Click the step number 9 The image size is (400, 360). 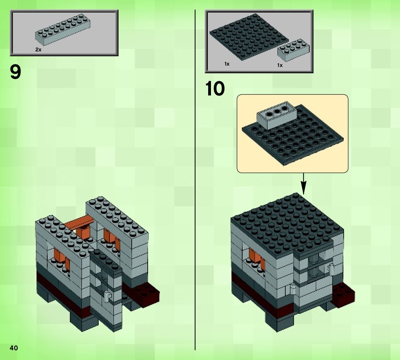point(15,72)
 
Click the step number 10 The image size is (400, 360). point(215,89)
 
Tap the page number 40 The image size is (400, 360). point(14,348)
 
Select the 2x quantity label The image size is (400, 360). point(38,50)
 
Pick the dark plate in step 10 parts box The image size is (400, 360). point(248,37)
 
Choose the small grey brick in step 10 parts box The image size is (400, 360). point(293,50)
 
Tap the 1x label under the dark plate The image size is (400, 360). point(227,64)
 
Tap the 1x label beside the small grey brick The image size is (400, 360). point(280,65)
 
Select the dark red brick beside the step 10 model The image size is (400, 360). point(343,294)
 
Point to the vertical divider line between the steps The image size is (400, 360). point(195,180)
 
